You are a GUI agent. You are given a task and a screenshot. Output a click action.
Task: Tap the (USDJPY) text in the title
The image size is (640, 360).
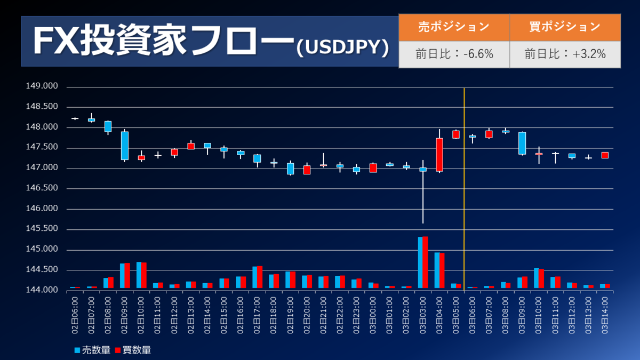pyautogui.click(x=341, y=47)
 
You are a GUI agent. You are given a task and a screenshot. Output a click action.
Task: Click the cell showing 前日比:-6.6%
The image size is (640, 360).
pyautogui.click(x=454, y=54)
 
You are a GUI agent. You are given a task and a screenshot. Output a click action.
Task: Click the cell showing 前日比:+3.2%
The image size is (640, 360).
pyautogui.click(x=565, y=54)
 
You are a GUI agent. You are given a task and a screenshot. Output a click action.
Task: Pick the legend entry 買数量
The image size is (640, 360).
pyautogui.click(x=133, y=350)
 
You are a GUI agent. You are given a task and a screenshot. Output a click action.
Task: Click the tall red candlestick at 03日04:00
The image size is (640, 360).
pyautogui.click(x=439, y=155)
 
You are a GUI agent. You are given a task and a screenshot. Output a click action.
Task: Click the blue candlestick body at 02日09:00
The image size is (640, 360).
pyautogui.click(x=124, y=146)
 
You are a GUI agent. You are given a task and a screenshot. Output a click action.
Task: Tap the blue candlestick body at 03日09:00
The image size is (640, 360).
pyautogui.click(x=522, y=143)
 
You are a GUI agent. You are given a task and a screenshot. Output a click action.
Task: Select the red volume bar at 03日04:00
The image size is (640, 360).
pyautogui.click(x=442, y=271)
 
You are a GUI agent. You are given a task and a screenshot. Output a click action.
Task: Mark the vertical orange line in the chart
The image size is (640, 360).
pyautogui.click(x=464, y=187)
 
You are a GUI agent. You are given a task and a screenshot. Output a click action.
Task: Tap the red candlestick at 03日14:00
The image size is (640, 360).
pyautogui.click(x=605, y=155)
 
